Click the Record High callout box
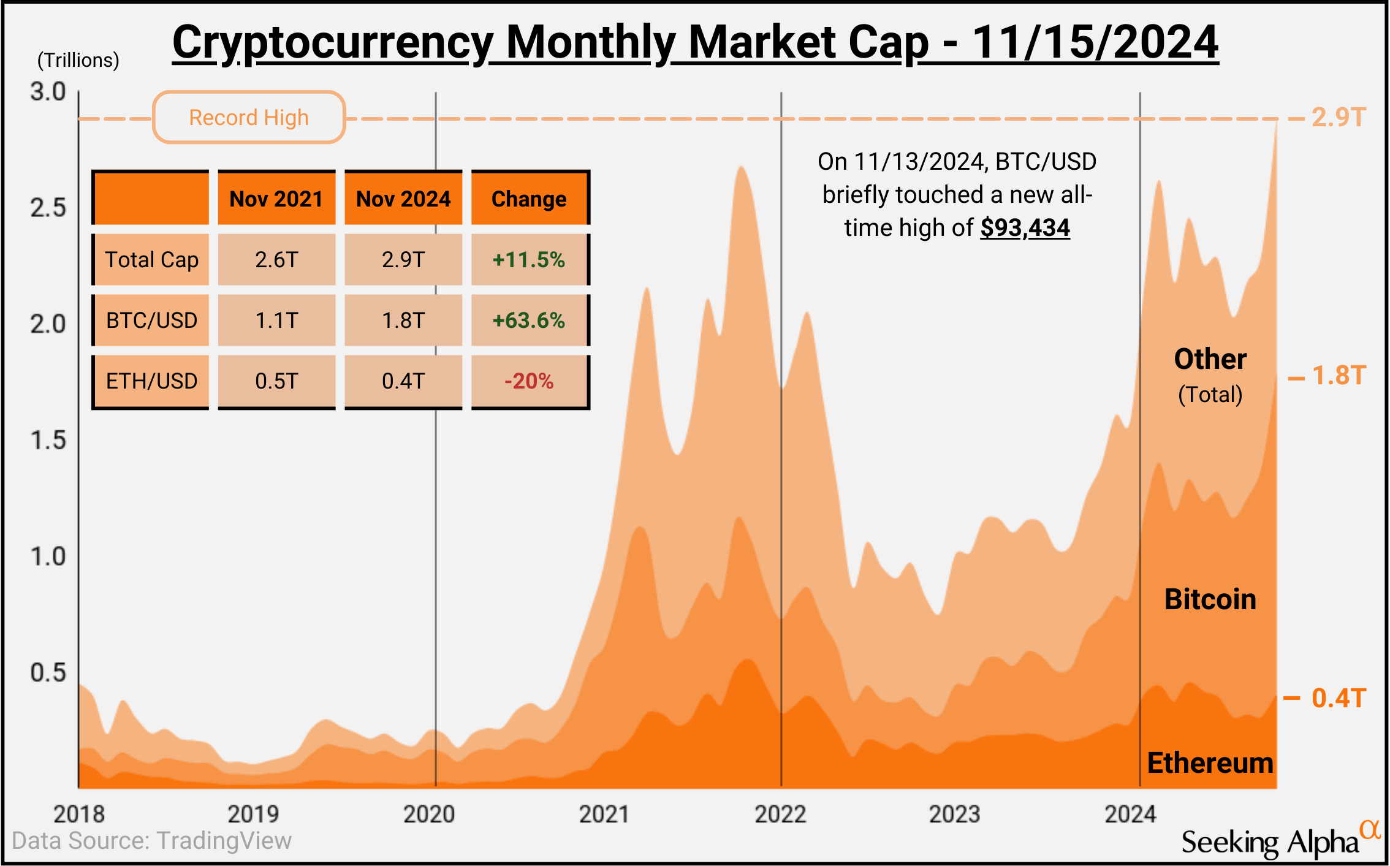pos(249,117)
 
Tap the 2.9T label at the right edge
pos(1339,117)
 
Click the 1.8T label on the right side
pos(1339,376)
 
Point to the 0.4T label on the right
pos(1339,698)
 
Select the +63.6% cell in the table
pos(529,320)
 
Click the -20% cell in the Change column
pos(529,381)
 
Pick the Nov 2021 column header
pos(276,199)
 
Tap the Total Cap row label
pos(151,259)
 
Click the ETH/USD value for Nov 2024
pos(403,381)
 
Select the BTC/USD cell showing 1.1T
pos(276,320)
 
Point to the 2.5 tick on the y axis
pos(48,208)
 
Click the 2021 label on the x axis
pos(604,814)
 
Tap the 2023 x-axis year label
pos(954,814)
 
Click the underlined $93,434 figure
pos(1025,228)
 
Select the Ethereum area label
pos(1210,763)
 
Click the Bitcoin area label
pos(1210,599)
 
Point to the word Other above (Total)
pos(1210,359)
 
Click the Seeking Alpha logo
pos(1278,841)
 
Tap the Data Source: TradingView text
pos(151,841)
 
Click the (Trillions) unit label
pos(78,60)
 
